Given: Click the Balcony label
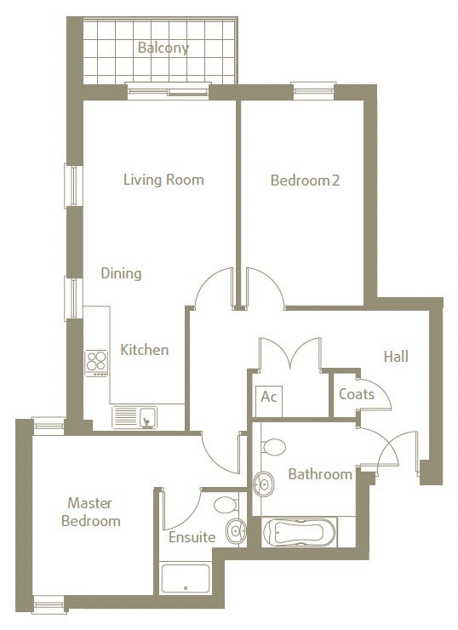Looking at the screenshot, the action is (x=163, y=48).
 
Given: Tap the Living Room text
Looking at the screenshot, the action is (x=163, y=180).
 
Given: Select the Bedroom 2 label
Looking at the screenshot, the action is (x=305, y=180).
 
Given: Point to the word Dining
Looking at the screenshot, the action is (x=121, y=273).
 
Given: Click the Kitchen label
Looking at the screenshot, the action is (x=144, y=350).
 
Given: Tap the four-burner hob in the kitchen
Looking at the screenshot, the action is (x=96, y=363).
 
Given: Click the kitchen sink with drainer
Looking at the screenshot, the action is (x=135, y=417).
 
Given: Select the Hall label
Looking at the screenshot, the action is (x=396, y=357).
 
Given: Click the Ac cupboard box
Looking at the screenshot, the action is (x=269, y=401).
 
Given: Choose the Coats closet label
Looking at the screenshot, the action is (x=357, y=394).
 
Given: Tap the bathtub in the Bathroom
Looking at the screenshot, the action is (x=300, y=532).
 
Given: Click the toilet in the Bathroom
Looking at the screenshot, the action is (x=272, y=447).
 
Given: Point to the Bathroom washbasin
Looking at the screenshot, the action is (x=264, y=484).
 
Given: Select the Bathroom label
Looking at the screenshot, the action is (x=320, y=474).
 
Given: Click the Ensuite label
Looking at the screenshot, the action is (x=192, y=537).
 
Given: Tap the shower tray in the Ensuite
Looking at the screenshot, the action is (x=186, y=579).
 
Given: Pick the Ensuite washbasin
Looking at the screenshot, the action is (x=236, y=531).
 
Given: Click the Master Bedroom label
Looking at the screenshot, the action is (x=91, y=512).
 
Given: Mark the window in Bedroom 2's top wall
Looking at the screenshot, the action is (x=313, y=91).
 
